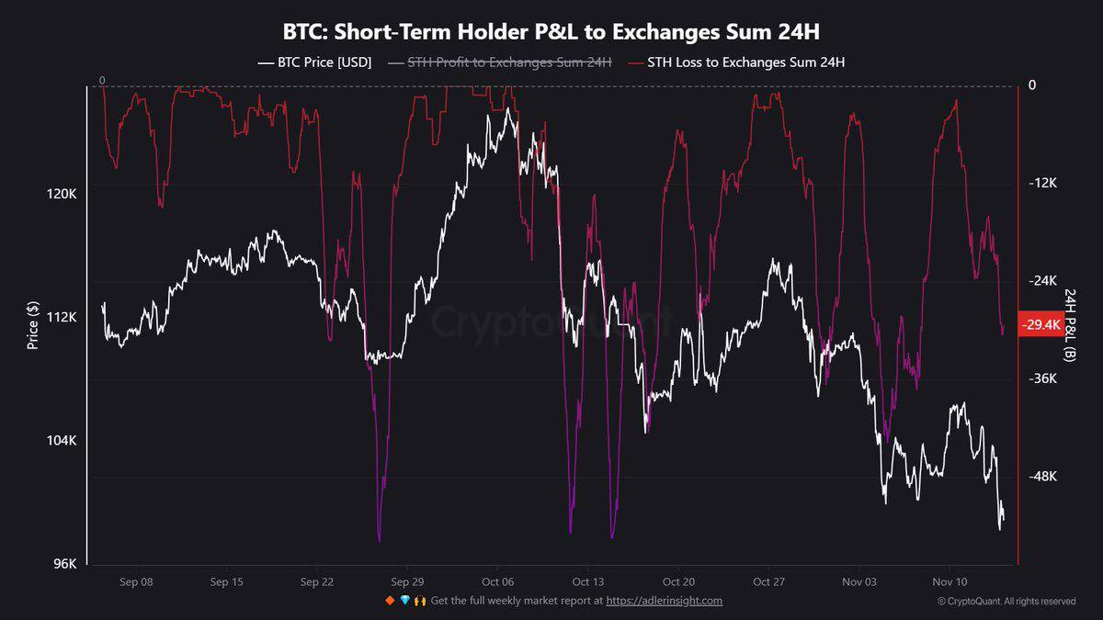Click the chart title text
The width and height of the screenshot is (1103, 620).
[x=551, y=32]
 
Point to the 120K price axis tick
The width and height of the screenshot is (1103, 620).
[x=62, y=194]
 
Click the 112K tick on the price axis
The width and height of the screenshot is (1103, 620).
[x=62, y=317]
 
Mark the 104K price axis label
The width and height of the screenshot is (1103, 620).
[x=62, y=441]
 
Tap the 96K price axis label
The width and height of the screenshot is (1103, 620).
[x=64, y=564]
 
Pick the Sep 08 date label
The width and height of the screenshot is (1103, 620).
[x=136, y=582]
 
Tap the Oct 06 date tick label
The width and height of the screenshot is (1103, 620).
[x=497, y=582]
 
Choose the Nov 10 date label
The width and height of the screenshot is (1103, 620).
[x=949, y=582]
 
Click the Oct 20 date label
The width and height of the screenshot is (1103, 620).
[x=678, y=582]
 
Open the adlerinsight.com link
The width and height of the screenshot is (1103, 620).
[x=664, y=601]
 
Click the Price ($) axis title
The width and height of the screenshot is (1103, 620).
[x=33, y=328]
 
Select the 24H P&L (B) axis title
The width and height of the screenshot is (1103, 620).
[x=1071, y=329]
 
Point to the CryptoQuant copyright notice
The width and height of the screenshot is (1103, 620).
[x=1006, y=602]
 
